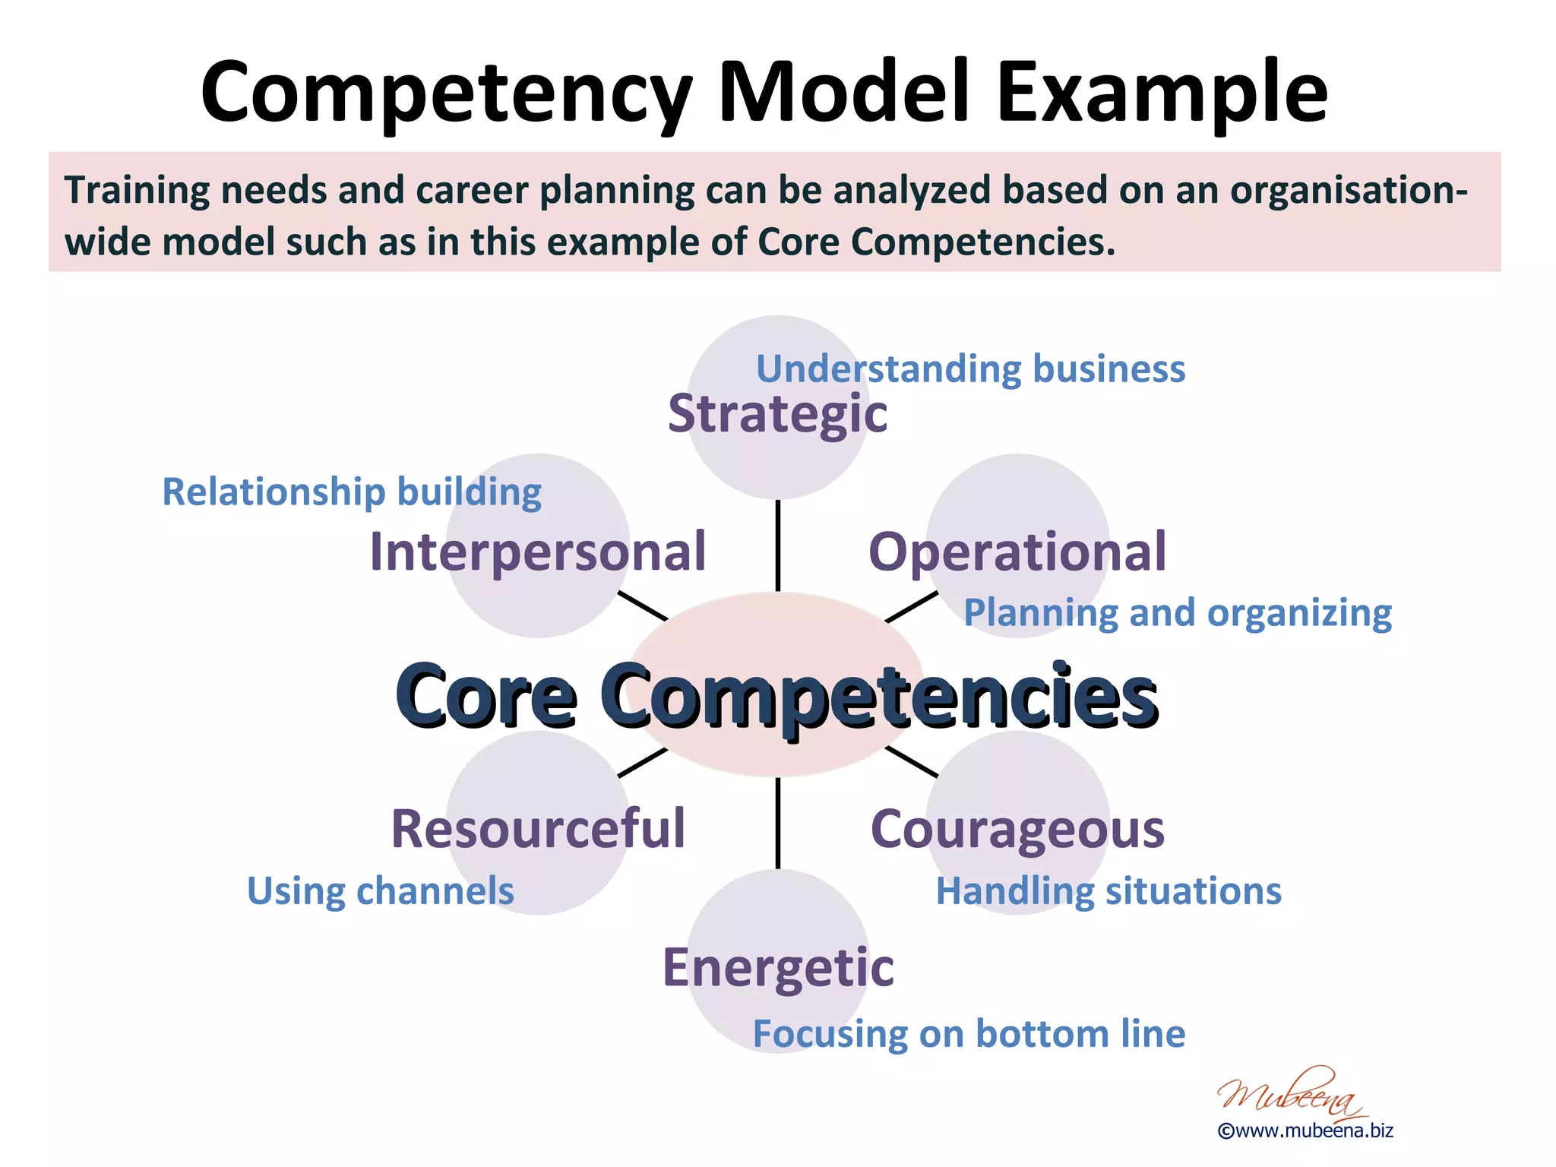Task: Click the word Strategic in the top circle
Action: pyautogui.click(x=777, y=415)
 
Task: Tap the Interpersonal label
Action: pyautogui.click(x=538, y=552)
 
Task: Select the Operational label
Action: pyautogui.click(x=1017, y=552)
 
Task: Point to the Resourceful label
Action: pyautogui.click(x=538, y=829)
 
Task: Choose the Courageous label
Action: pyautogui.click(x=1017, y=829)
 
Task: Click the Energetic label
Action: pyautogui.click(x=778, y=968)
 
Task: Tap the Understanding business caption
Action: pyautogui.click(x=970, y=369)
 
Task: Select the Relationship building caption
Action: pyautogui.click(x=352, y=492)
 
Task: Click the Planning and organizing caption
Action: pyautogui.click(x=1178, y=613)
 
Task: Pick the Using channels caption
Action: pyautogui.click(x=381, y=891)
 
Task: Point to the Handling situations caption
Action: pyautogui.click(x=1108, y=891)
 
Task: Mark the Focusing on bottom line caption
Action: pyautogui.click(x=969, y=1034)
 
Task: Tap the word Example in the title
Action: pyautogui.click(x=1162, y=93)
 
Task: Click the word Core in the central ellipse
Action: pyautogui.click(x=485, y=696)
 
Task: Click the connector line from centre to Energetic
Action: pyautogui.click(x=778, y=823)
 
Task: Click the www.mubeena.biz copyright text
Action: pyautogui.click(x=1305, y=1131)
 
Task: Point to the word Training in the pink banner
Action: pyautogui.click(x=138, y=191)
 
